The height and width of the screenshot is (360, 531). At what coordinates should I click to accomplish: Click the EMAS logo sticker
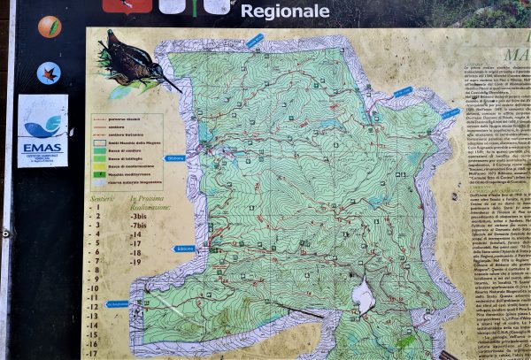(42, 130)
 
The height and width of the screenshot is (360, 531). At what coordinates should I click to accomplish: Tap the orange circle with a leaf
(50, 27)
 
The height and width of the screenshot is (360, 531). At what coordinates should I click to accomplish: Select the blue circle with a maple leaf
(49, 73)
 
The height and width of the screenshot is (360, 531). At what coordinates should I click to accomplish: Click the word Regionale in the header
(285, 11)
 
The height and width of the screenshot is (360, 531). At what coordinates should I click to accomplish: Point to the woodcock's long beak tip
(181, 91)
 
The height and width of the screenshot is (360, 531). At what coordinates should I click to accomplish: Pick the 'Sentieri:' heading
(103, 200)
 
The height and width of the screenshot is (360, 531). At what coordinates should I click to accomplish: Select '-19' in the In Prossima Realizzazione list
(135, 263)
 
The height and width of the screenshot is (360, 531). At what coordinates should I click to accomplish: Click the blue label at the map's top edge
(255, 40)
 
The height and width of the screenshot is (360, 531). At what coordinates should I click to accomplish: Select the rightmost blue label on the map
(450, 114)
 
